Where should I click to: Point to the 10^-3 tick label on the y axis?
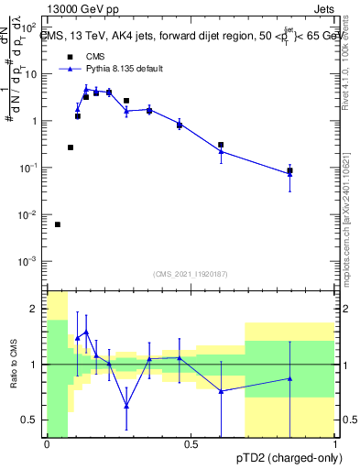coord(29,261)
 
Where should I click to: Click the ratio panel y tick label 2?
coord(35,309)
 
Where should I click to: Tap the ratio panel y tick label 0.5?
coord(31,420)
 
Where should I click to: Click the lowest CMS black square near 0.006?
coord(58,224)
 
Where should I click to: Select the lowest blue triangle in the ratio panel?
coord(126,405)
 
